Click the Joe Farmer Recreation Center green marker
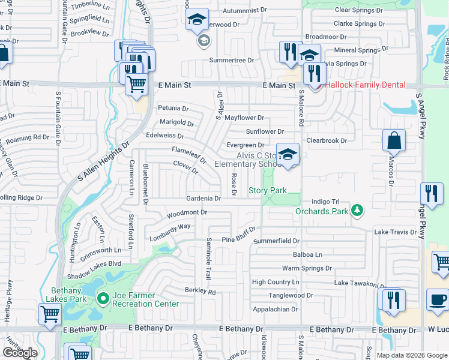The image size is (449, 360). point(103,298)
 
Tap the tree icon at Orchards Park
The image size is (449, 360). point(358,210)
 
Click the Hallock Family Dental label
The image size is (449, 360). point(365,85)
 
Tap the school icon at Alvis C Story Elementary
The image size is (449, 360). point(288,155)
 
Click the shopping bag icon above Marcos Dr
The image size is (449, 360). point(394,141)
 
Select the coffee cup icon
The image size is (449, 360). point(437,300)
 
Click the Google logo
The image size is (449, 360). point(20,353)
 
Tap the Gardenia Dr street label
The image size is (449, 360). point(203,199)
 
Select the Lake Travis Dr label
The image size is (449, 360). point(395,232)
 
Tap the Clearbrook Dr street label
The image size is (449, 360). point(327,141)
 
